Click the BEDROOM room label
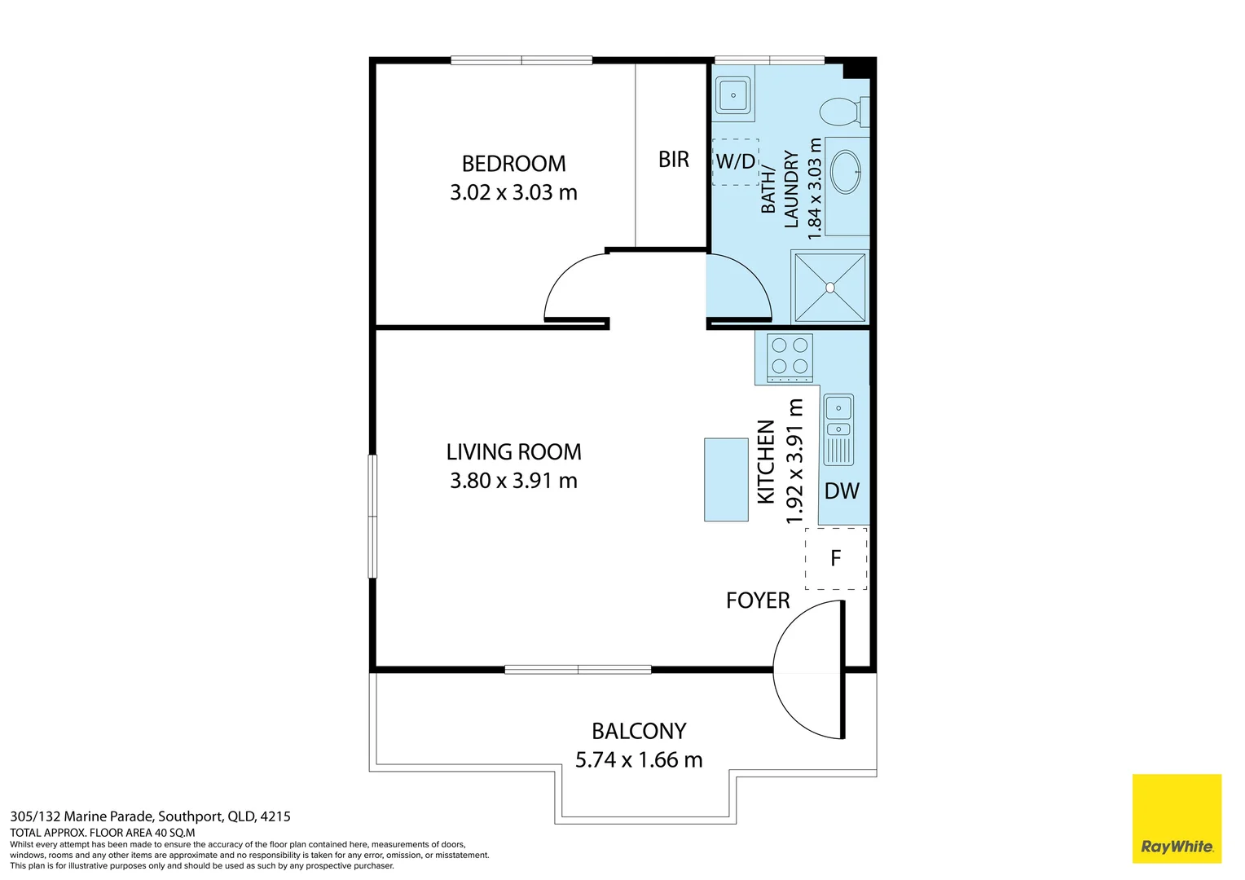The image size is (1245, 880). pyautogui.click(x=513, y=164)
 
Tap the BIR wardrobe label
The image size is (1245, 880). pyautogui.click(x=674, y=160)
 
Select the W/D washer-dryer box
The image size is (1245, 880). pyautogui.click(x=735, y=162)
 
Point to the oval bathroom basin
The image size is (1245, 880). pyautogui.click(x=846, y=172)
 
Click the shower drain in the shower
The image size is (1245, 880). pyautogui.click(x=829, y=288)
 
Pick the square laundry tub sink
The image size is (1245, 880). pyautogui.click(x=733, y=95)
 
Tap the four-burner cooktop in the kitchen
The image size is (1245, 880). pyautogui.click(x=790, y=358)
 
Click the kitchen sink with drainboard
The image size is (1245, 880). pyautogui.click(x=838, y=429)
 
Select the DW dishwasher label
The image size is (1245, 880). pyautogui.click(x=842, y=491)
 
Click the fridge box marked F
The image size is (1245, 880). pyautogui.click(x=836, y=558)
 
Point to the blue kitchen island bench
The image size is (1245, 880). pyautogui.click(x=726, y=480)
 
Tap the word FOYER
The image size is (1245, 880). pyautogui.click(x=758, y=601)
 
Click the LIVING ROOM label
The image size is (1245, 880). pyautogui.click(x=513, y=452)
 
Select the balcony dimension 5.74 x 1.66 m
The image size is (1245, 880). pyautogui.click(x=639, y=760)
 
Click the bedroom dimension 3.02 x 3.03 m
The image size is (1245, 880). pyautogui.click(x=513, y=192)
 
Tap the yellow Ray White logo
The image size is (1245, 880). pyautogui.click(x=1177, y=818)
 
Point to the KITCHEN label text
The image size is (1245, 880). pyautogui.click(x=766, y=462)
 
